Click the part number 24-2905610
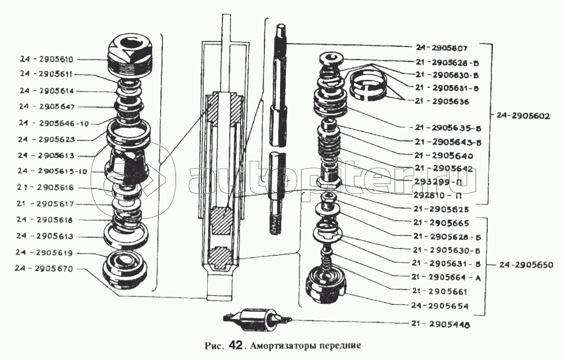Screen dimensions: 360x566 [x=50, y=59]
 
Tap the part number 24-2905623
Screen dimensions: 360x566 [x=50, y=139]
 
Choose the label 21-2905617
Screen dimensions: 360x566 [x=50, y=204]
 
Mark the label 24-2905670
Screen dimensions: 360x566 [x=50, y=269]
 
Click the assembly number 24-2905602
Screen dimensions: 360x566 [x=522, y=115]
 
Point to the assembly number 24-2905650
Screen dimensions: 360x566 [x=522, y=265]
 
